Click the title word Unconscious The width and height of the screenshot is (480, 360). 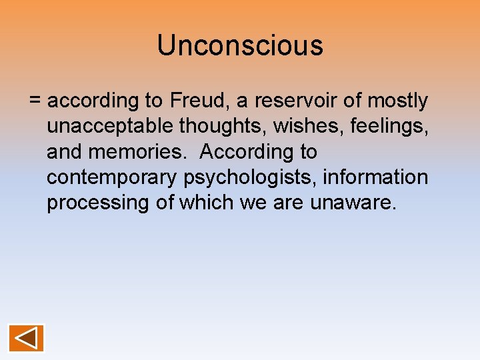click(x=240, y=45)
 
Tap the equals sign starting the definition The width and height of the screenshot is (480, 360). click(x=35, y=101)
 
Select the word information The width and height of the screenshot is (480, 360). click(x=383, y=177)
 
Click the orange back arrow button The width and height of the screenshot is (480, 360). click(x=27, y=338)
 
